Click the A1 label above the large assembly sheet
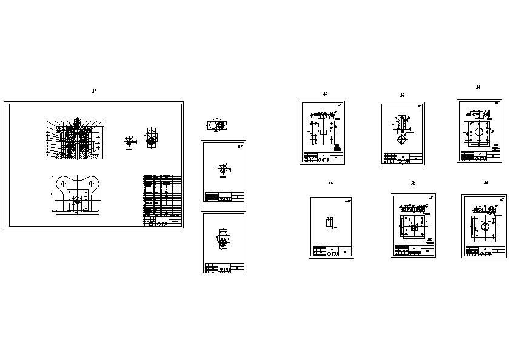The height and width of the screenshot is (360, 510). pos(94,91)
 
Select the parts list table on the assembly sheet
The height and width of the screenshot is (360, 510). pos(162,200)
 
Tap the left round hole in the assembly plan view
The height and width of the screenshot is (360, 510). pos(64,182)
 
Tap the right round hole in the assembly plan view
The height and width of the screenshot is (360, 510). pos(90,182)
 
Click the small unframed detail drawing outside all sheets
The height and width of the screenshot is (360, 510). pos(216,125)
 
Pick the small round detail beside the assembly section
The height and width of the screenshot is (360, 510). pos(128,141)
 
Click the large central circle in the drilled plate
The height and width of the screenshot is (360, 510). pos(479,132)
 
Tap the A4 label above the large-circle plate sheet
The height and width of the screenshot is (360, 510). pos(478,88)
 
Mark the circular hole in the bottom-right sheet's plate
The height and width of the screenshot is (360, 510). pos(485,225)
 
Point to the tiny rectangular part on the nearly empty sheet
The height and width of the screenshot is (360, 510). pos(328,223)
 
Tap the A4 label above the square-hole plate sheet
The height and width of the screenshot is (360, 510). pos(413,183)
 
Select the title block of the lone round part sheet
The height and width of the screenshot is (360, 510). pos(223,197)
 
